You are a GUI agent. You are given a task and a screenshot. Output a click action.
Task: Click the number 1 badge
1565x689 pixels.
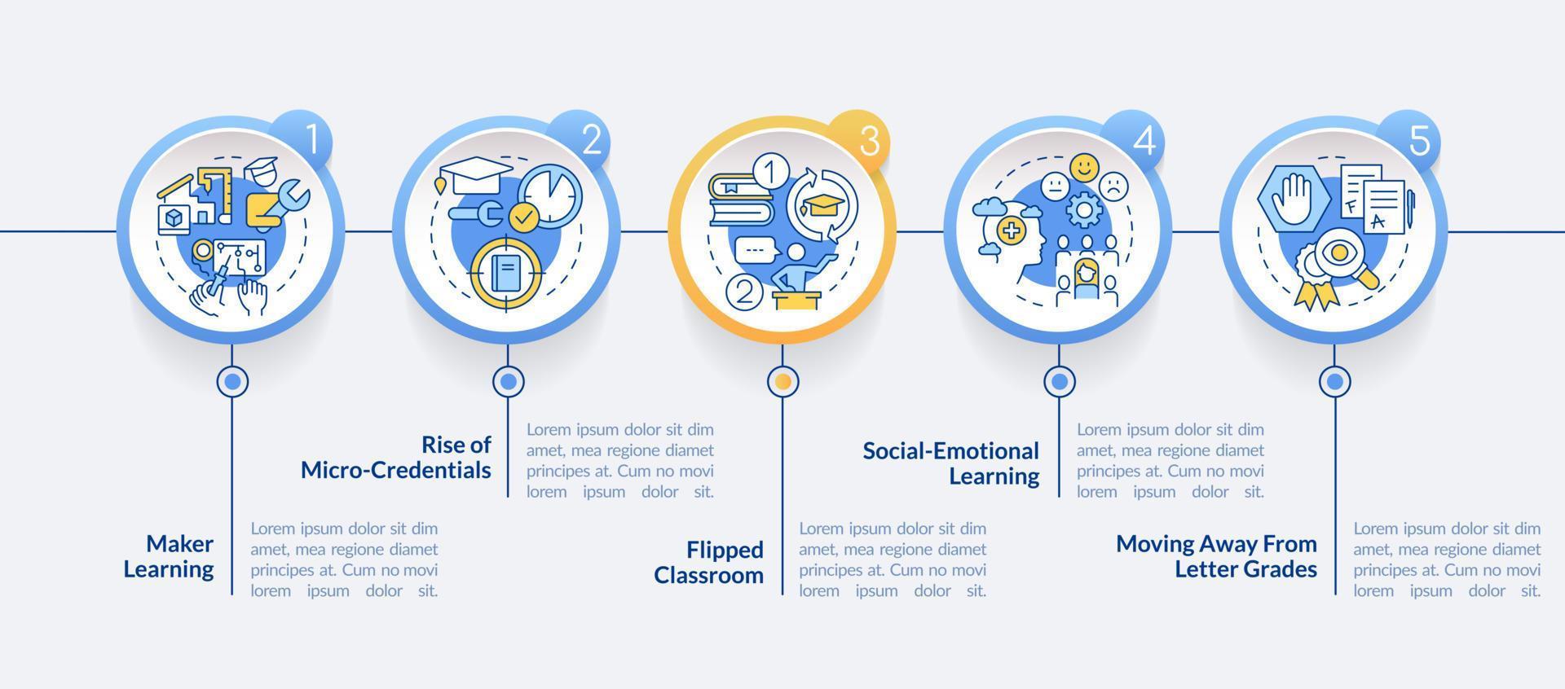point(311,141)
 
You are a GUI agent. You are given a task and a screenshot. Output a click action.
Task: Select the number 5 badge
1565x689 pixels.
point(1419,141)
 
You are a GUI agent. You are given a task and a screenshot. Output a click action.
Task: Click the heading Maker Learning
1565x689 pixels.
point(169,556)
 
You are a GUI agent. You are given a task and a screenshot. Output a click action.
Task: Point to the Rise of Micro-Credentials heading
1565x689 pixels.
point(396,457)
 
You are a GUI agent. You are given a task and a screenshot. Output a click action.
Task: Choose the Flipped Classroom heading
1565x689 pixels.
point(709,562)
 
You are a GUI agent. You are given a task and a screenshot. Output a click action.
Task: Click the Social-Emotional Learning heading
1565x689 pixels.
point(951,463)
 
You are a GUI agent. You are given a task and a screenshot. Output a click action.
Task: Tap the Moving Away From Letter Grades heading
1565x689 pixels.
point(1216,556)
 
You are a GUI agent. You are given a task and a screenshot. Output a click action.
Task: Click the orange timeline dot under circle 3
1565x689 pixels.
point(783,380)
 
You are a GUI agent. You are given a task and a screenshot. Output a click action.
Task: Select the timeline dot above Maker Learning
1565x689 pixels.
point(232,380)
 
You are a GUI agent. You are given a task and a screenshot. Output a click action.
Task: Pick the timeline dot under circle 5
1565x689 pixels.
point(1334,380)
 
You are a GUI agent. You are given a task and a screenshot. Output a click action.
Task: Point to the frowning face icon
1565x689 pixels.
point(1113,187)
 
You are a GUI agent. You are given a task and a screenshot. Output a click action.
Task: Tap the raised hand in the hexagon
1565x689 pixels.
point(1294,198)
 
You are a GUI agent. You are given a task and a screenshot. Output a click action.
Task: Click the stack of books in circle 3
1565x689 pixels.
point(739,200)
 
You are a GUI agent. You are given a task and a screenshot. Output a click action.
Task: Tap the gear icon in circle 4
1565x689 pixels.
point(1084,211)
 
